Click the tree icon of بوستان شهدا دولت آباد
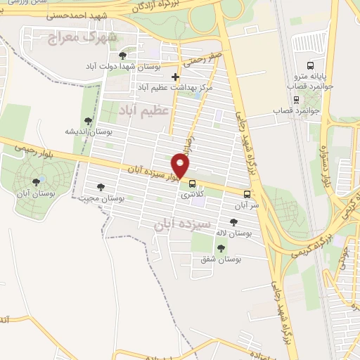tap(123, 55)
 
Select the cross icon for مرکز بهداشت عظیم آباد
tap(176, 77)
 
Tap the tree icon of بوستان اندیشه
tap(88, 121)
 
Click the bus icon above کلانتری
tap(192, 184)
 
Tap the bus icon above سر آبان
tap(246, 193)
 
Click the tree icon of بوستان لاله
tap(234, 222)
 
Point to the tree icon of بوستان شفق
tap(221, 248)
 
